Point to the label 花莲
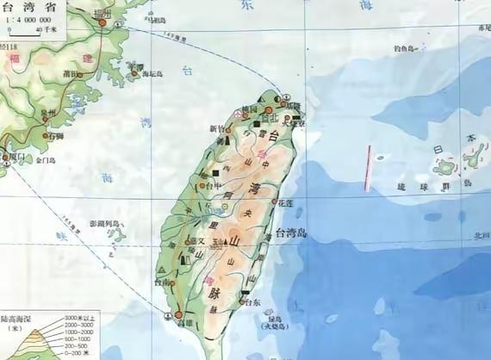pyautogui.click(x=286, y=203)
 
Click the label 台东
pyautogui.click(x=252, y=303)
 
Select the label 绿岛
pyautogui.click(x=264, y=315)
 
